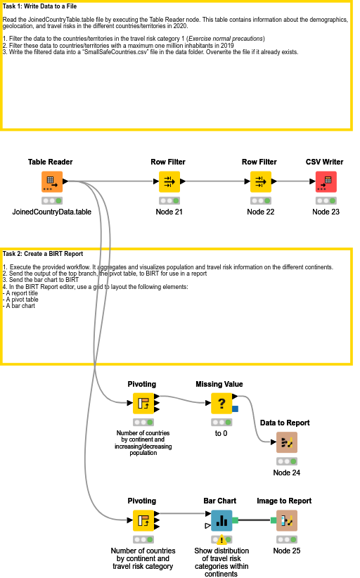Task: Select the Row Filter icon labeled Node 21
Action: tap(169, 181)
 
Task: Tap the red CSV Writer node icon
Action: tap(326, 181)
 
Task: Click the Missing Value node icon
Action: tap(222, 404)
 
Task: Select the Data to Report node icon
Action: tap(287, 442)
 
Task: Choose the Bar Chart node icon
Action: tap(222, 521)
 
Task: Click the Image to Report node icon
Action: tap(287, 521)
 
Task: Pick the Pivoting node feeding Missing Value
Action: tap(143, 404)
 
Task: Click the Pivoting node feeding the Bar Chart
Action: tap(143, 521)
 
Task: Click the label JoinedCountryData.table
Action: tap(51, 212)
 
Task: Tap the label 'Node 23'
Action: tap(326, 212)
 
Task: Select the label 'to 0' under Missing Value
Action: tap(222, 433)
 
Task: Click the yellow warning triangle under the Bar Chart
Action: tap(222, 540)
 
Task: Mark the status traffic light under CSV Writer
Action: tap(326, 200)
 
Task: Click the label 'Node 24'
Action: tap(287, 473)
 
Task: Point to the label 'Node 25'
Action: tap(287, 551)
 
